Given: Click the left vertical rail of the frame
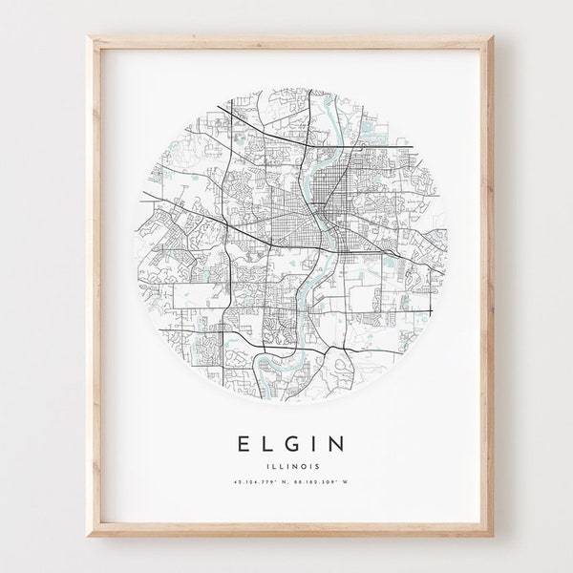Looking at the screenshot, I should click(95, 286).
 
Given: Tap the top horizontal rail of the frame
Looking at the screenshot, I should click(286, 42).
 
